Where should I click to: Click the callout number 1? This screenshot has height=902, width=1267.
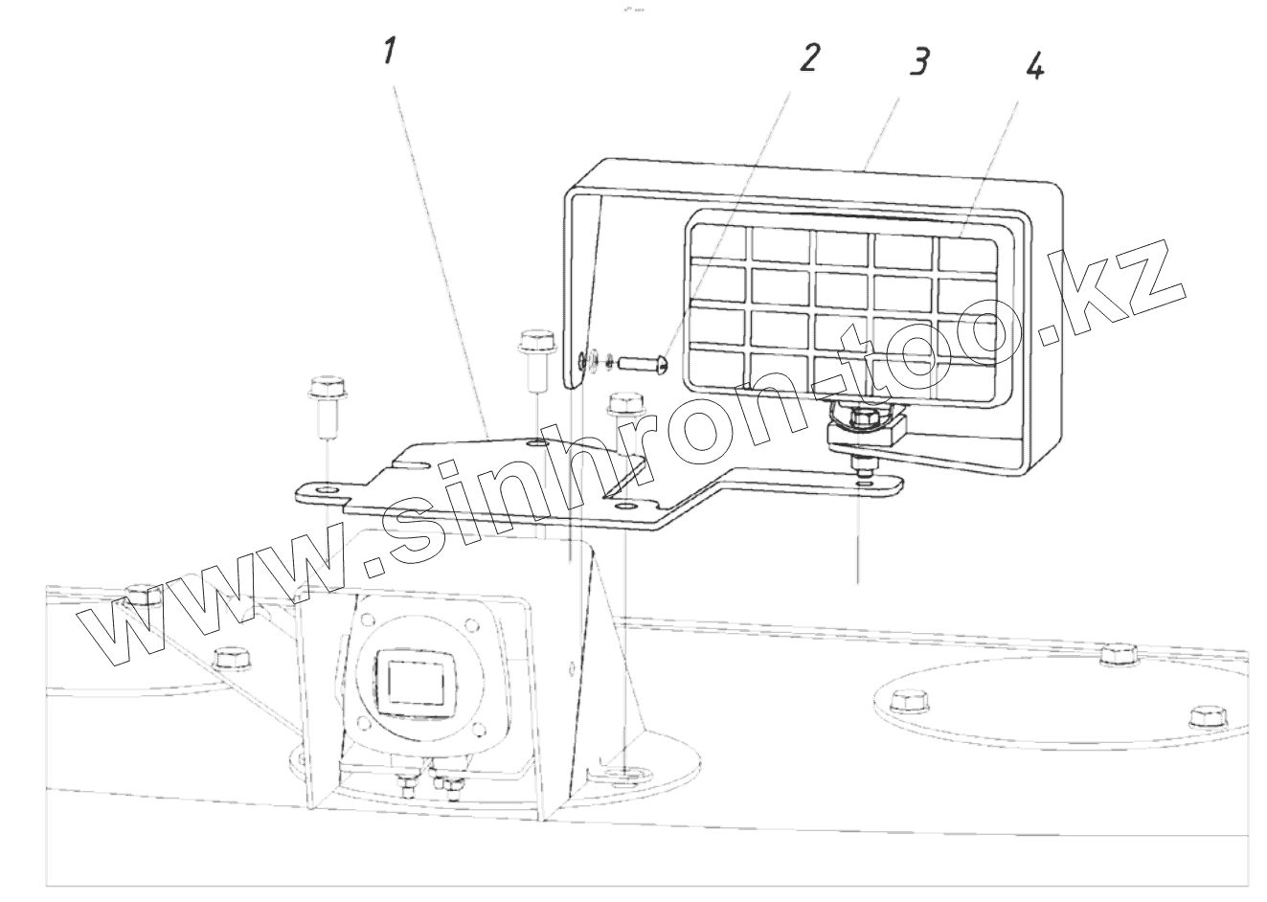389,52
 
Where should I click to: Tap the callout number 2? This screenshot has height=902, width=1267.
809,58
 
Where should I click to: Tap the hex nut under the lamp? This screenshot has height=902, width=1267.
855,417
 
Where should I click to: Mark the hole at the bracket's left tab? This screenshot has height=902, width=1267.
327,490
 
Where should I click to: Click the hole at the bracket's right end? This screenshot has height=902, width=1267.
865,484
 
